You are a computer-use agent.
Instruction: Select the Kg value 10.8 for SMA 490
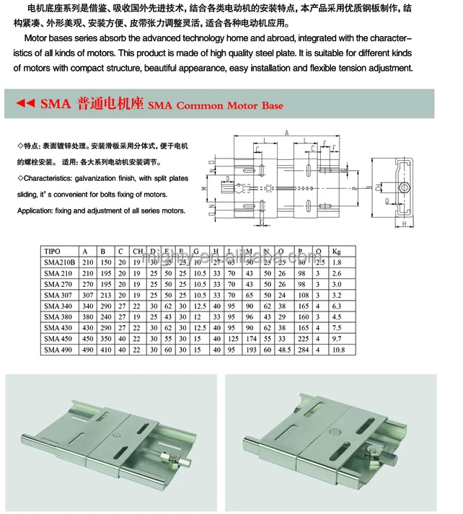338,350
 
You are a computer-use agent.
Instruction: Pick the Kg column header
336,252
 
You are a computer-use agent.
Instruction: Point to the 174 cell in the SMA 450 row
251,339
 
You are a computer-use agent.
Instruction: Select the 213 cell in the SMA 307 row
107,295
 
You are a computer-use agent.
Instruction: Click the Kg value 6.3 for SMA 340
337,306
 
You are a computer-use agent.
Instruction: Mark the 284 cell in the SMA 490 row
304,350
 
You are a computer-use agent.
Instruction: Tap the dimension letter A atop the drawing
286,133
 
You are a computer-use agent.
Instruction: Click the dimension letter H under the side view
405,223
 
